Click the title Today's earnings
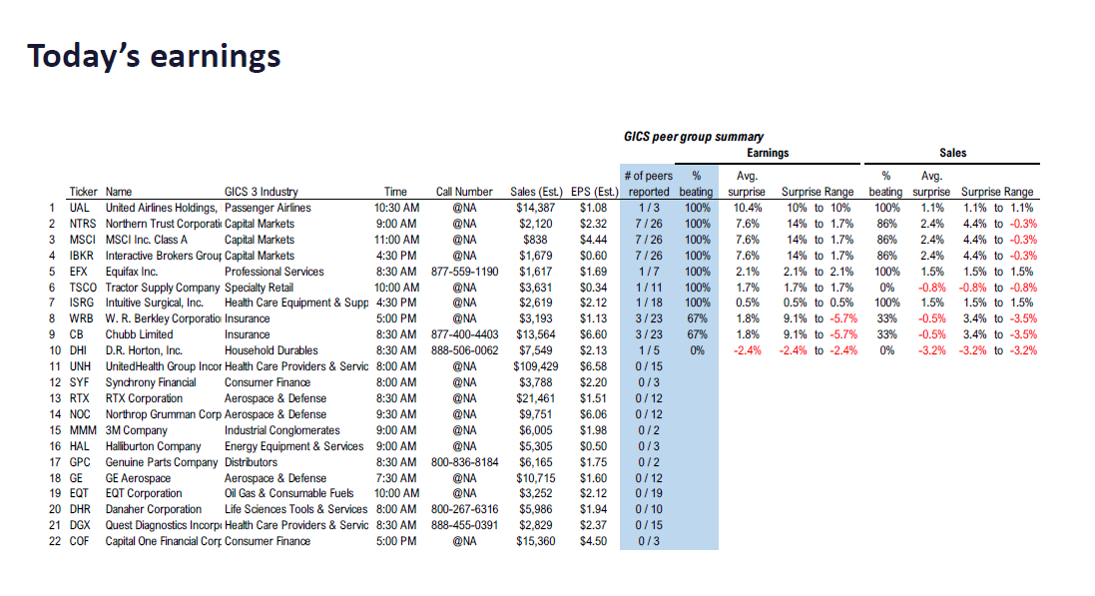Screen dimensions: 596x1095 click(154, 56)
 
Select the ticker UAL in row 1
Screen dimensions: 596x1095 click(80, 208)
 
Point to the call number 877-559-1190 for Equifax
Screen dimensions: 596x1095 click(464, 272)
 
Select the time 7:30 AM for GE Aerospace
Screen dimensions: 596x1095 click(395, 477)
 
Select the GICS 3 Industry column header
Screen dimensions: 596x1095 click(261, 192)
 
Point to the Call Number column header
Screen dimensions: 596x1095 click(464, 192)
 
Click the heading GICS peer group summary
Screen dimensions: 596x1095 click(694, 137)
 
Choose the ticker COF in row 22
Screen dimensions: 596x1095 click(81, 541)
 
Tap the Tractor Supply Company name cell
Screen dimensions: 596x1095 click(161, 288)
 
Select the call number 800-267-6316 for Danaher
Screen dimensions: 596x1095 click(464, 509)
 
